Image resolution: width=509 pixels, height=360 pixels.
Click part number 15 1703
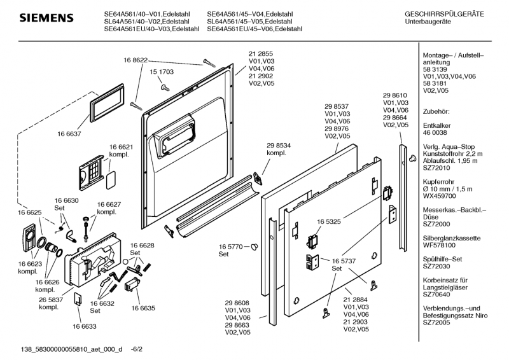[x=162, y=73]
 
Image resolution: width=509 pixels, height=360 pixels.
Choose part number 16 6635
[x=143, y=307]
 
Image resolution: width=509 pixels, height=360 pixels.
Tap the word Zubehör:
[x=437, y=111]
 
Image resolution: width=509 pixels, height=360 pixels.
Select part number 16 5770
[x=232, y=246]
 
